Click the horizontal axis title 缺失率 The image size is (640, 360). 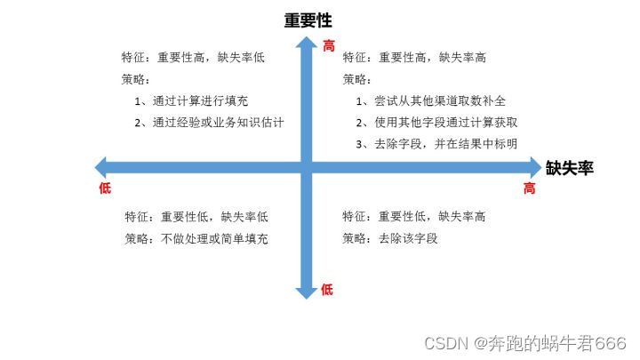pyautogui.click(x=570, y=166)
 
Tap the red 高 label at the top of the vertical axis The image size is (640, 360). pyautogui.click(x=329, y=45)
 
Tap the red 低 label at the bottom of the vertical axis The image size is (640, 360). pyautogui.click(x=327, y=289)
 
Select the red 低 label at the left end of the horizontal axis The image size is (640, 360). pyautogui.click(x=105, y=188)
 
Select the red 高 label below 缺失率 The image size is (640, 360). pyautogui.click(x=529, y=188)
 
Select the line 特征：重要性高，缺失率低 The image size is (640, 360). pyautogui.click(x=193, y=58)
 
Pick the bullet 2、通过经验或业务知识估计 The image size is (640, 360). pyautogui.click(x=214, y=122)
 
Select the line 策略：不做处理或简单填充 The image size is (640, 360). pyautogui.click(x=196, y=238)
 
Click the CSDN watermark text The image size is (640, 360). pyautogui.click(x=525, y=342)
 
